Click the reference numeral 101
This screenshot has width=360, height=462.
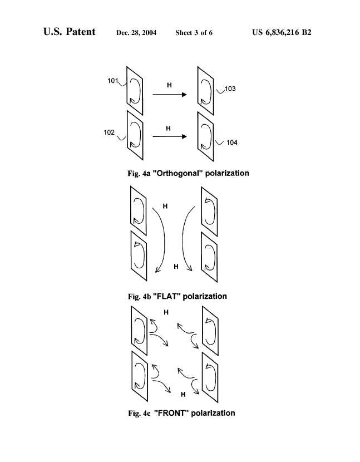click(x=112, y=81)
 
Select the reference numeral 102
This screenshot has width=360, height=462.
click(x=109, y=132)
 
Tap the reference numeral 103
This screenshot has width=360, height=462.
click(x=230, y=89)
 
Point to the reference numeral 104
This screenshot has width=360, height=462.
click(x=232, y=142)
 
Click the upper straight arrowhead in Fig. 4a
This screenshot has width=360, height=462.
click(x=184, y=94)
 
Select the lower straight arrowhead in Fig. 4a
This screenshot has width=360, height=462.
click(x=184, y=136)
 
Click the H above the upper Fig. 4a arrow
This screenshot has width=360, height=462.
click(x=169, y=85)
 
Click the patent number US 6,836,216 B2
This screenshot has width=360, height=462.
click(x=282, y=32)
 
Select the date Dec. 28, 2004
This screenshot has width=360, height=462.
click(x=136, y=33)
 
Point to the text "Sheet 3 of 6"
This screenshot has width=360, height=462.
click(x=194, y=33)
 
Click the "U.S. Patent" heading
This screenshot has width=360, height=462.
click(x=69, y=32)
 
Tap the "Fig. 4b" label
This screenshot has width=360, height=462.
click(x=140, y=297)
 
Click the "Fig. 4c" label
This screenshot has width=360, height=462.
click(x=139, y=413)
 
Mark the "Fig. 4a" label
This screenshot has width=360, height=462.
click(x=139, y=173)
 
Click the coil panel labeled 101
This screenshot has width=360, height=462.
click(x=135, y=91)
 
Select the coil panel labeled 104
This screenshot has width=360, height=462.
click(x=206, y=137)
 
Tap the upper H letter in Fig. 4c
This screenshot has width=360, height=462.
click(x=166, y=312)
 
